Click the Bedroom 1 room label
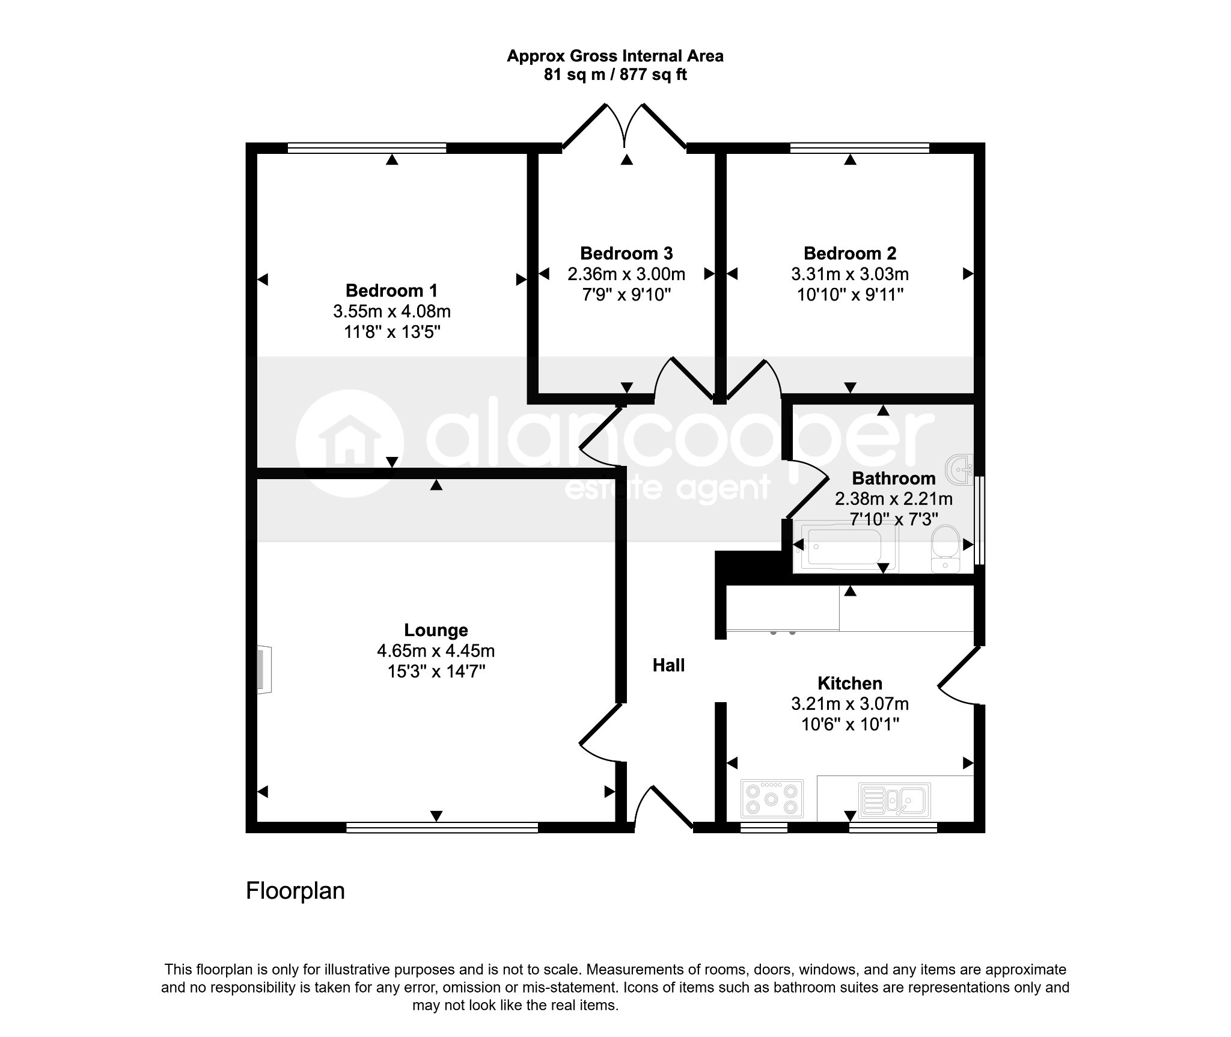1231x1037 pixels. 392,291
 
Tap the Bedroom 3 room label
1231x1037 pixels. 626,254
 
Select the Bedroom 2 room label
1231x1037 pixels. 850,254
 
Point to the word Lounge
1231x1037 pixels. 436,630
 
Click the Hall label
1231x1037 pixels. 669,665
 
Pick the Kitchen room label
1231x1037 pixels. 850,683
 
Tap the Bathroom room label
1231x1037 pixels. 894,479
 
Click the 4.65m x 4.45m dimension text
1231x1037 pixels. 436,650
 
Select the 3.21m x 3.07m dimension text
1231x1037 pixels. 850,703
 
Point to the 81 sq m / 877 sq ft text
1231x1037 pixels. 615,75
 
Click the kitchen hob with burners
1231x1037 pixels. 772,798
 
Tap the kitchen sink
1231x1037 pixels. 895,800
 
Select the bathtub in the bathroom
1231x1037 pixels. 846,546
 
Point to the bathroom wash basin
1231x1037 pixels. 960,468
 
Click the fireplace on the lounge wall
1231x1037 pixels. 264,670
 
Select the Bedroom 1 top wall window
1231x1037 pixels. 367,148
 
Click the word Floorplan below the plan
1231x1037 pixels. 295,890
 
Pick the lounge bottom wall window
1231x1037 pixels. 442,828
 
